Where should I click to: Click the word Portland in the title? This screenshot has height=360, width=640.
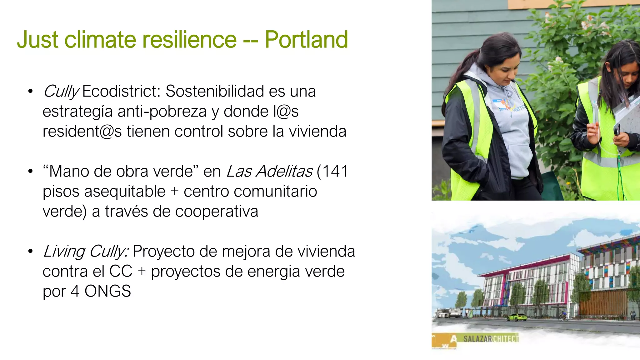point(306,40)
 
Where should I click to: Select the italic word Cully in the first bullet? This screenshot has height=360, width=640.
point(61,92)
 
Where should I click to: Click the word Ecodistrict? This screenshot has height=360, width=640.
point(121,91)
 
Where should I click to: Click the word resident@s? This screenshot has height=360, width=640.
point(82,132)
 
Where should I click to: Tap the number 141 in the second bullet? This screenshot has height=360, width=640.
point(335,171)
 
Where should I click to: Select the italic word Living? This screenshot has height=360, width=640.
point(64,252)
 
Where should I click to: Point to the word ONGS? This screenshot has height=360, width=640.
point(107,291)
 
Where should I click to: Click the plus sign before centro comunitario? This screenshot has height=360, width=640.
point(174,192)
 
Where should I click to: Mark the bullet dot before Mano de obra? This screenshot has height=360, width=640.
point(30,171)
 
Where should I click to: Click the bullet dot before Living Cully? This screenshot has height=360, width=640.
point(30,251)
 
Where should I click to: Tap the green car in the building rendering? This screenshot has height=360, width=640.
point(517,317)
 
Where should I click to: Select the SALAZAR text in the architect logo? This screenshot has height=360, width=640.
point(477,339)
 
